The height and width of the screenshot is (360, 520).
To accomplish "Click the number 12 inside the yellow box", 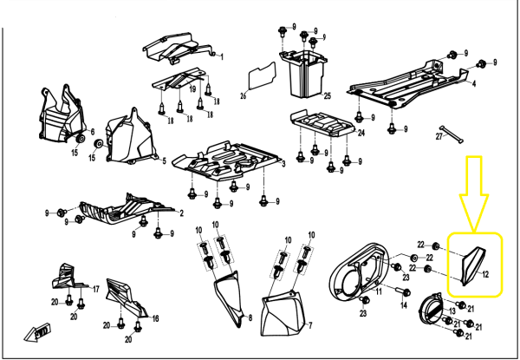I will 486,274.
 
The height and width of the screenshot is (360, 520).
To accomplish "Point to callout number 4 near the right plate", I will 474,84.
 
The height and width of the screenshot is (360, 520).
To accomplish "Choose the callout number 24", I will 361,134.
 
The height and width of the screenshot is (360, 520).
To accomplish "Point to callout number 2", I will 181,212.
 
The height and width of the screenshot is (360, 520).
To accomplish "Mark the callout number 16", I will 155,319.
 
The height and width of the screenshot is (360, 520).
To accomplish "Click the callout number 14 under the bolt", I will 403,305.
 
